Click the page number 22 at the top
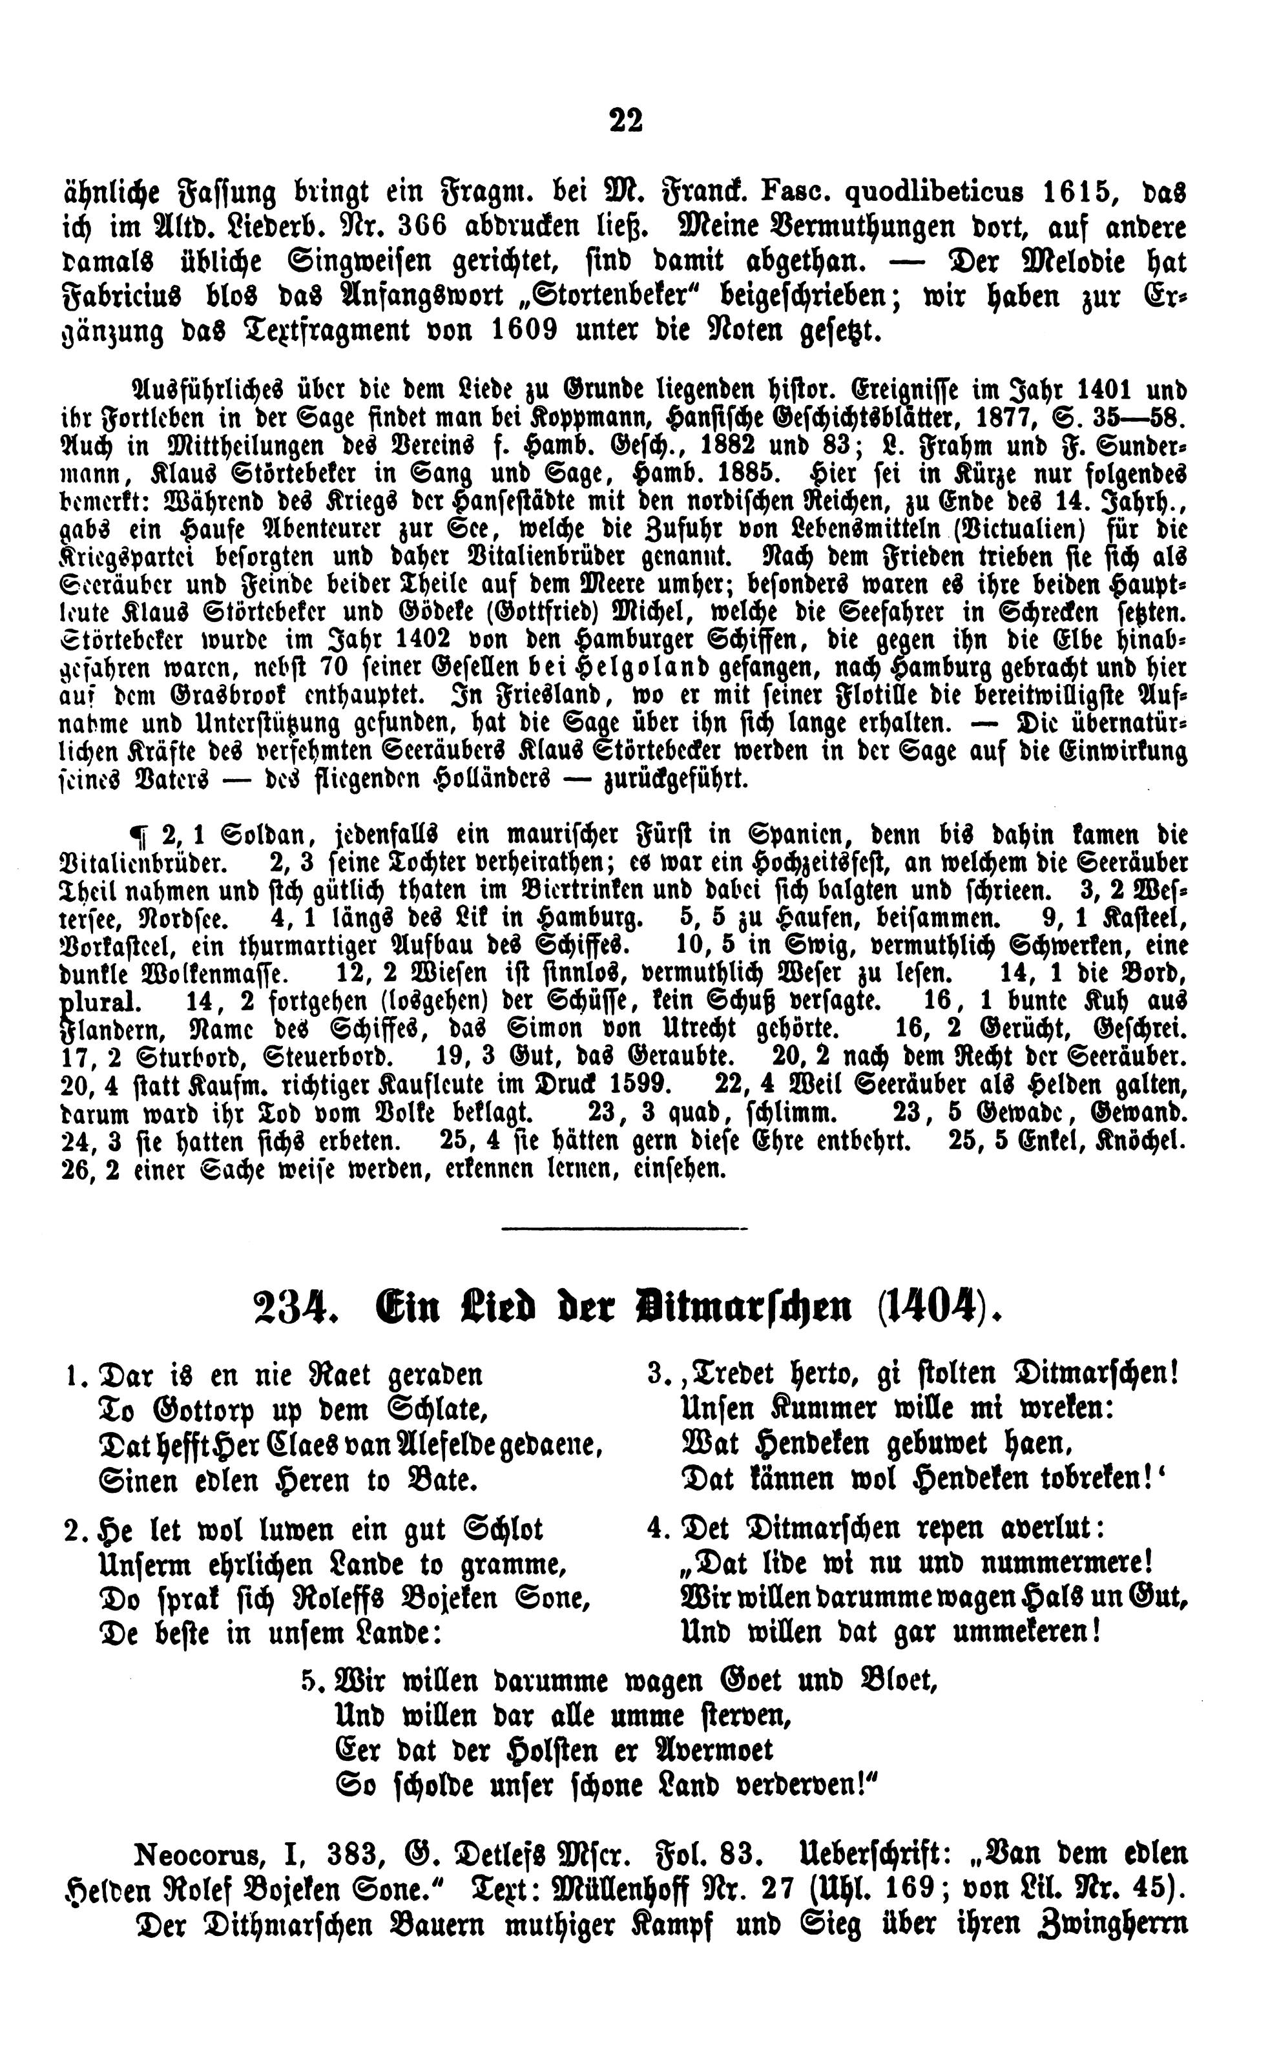point(625,120)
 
